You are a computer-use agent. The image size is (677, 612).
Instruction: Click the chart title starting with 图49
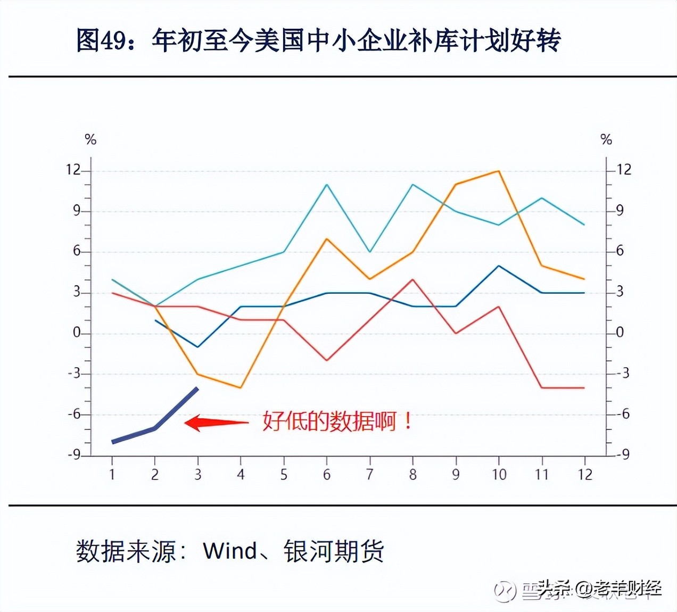[x=318, y=40]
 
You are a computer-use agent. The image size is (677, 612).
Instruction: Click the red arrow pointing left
[x=216, y=423]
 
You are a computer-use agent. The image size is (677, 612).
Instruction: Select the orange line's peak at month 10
[x=499, y=171]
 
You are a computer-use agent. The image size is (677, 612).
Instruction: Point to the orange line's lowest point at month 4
[x=241, y=387]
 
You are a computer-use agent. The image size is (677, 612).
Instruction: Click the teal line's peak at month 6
[x=326, y=185]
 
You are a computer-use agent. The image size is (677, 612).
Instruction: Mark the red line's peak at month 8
[x=413, y=279]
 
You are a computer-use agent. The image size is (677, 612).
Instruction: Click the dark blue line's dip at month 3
[x=197, y=347]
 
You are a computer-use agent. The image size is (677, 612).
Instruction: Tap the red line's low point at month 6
[x=326, y=360]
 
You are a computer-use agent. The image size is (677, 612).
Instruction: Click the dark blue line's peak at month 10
[x=499, y=266]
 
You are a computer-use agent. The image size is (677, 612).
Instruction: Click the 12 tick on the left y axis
[x=73, y=170]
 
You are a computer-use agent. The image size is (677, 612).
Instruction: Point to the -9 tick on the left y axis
[x=73, y=455]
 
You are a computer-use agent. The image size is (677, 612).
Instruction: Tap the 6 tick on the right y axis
[x=620, y=251]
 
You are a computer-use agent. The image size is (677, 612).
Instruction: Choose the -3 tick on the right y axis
[x=622, y=373]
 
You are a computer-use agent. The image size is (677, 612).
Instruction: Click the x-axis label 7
[x=369, y=474]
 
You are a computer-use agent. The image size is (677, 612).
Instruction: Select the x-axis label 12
[x=584, y=474]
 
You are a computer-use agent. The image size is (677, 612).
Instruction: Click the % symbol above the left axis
[x=90, y=140]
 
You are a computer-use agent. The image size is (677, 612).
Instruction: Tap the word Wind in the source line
[x=230, y=551]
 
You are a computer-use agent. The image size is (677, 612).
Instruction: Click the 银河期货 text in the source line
[x=334, y=551]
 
